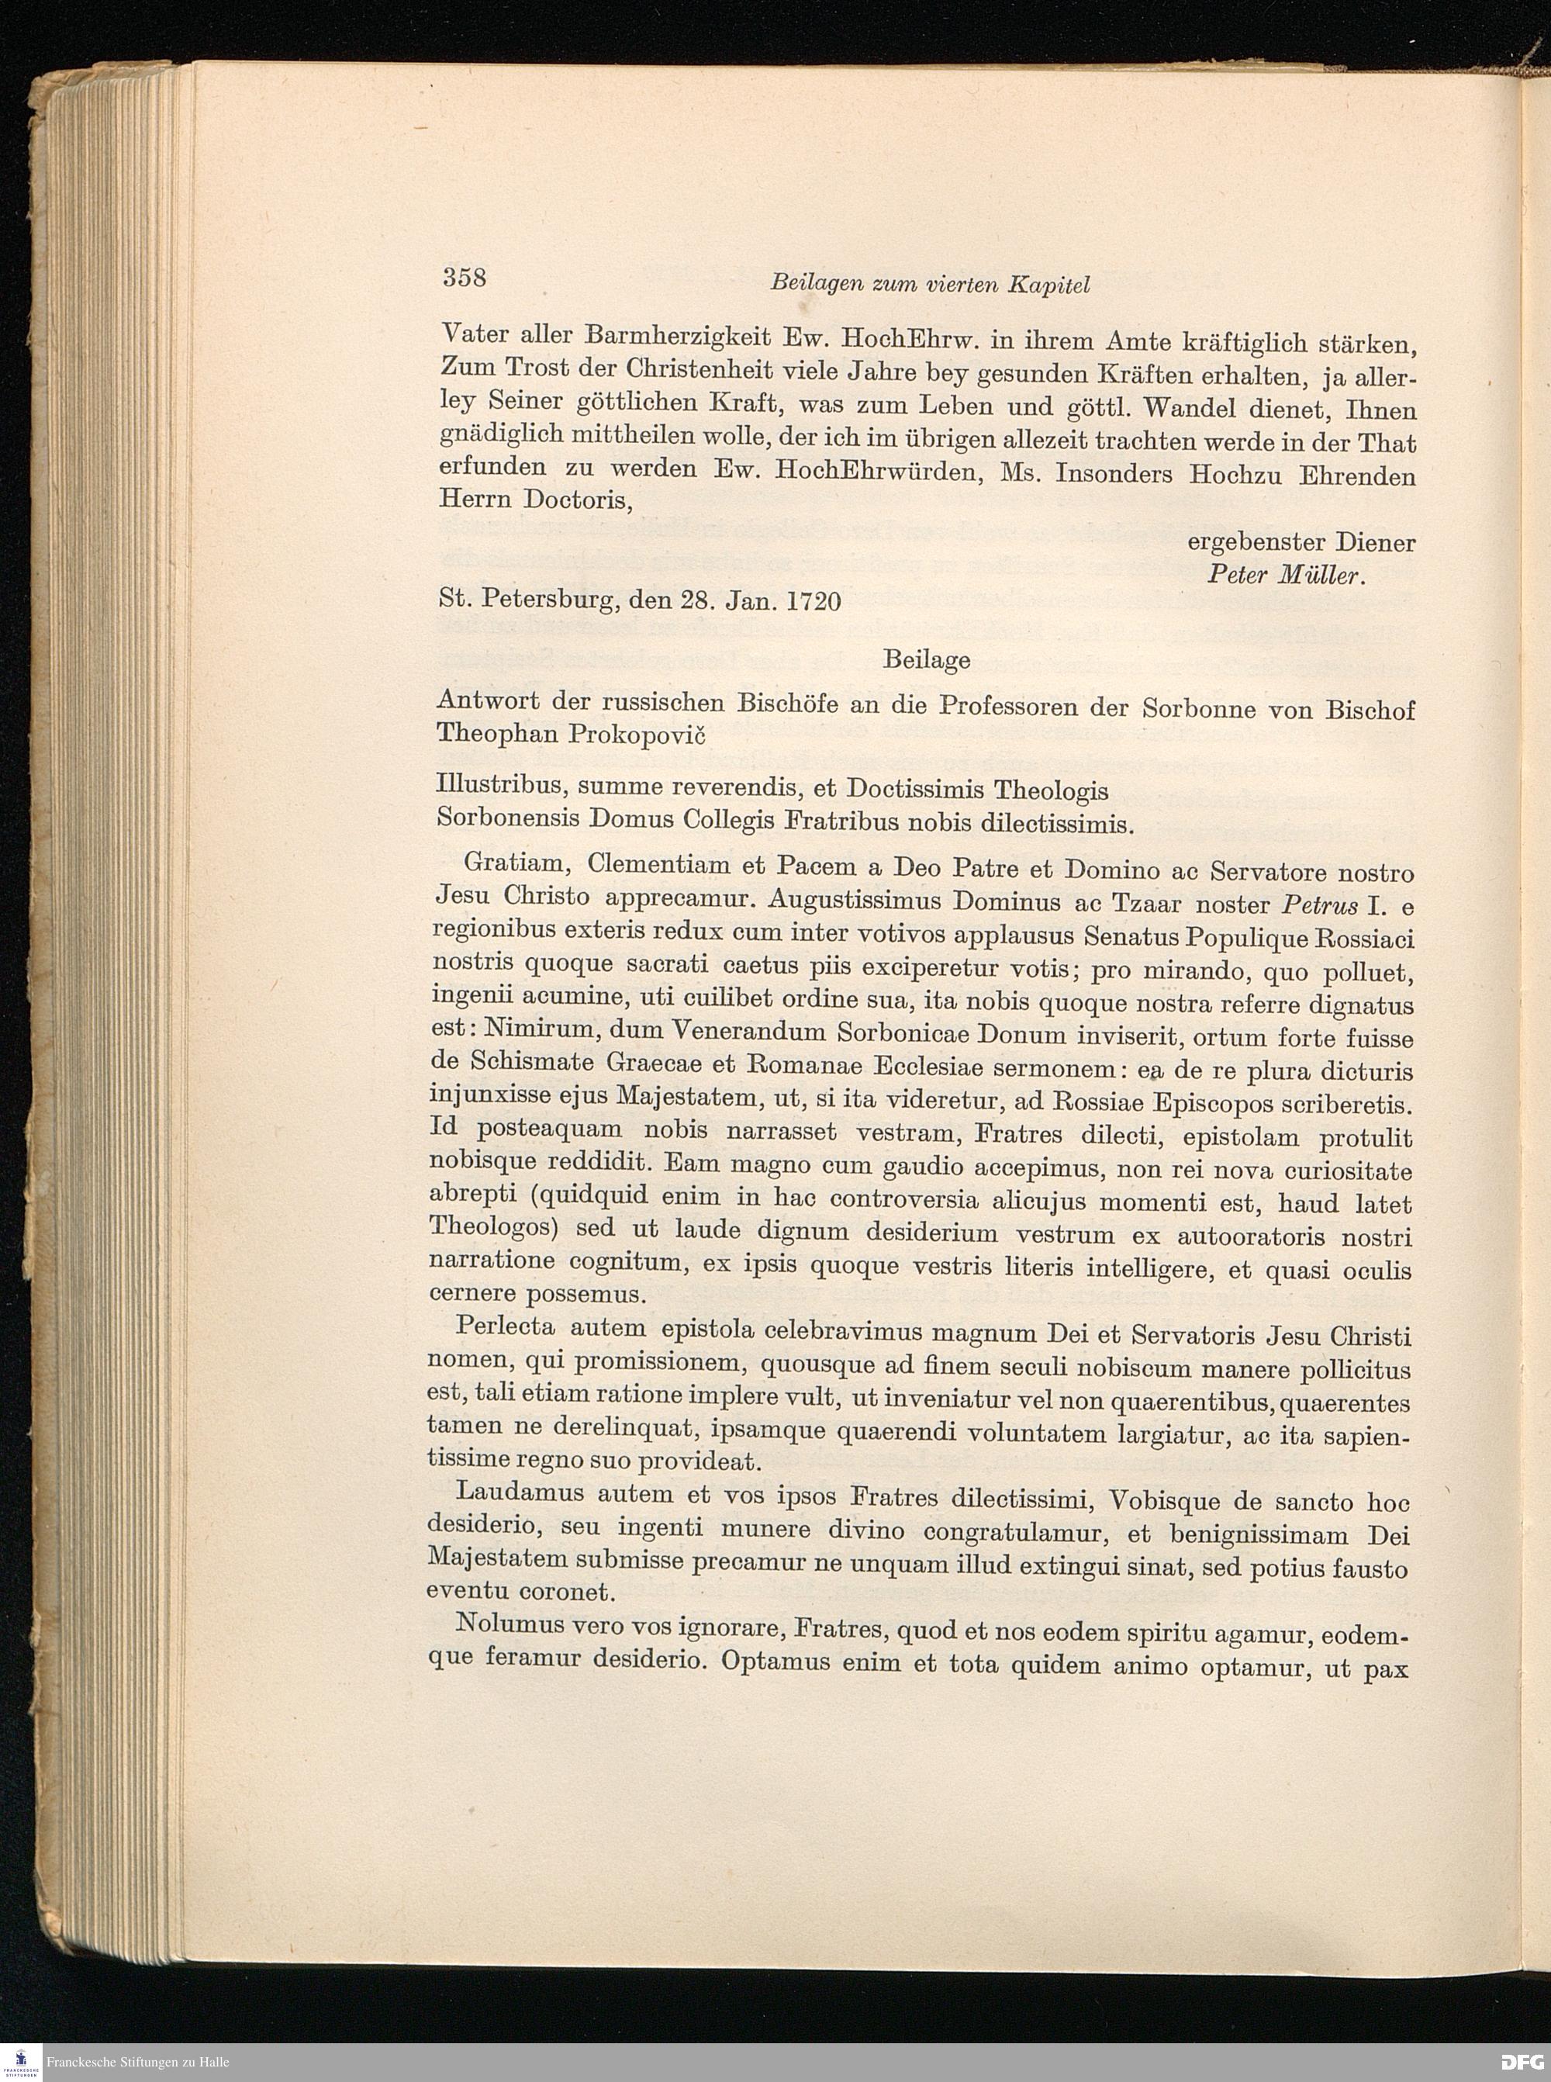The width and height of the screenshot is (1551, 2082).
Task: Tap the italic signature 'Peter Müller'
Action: click(1284, 576)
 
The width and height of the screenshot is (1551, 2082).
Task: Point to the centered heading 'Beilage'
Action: click(926, 660)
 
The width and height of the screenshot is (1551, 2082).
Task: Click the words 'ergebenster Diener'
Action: click(1301, 542)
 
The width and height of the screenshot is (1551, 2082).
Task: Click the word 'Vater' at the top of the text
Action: click(475, 336)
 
